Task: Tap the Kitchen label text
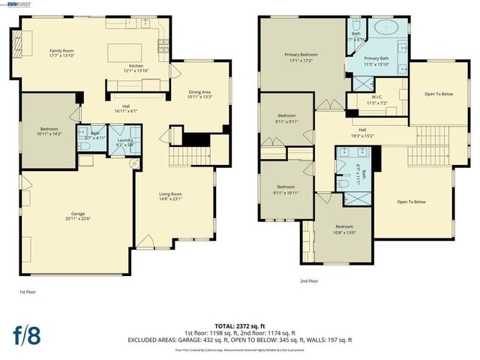tap(136, 67)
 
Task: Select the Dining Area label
tap(199, 94)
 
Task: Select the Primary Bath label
tap(376, 61)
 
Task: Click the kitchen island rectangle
tap(125, 54)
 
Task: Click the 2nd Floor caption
tap(309, 280)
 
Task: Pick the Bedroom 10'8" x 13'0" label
tap(344, 229)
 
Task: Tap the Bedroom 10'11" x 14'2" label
tap(48, 132)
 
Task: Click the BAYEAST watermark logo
tap(16, 4)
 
